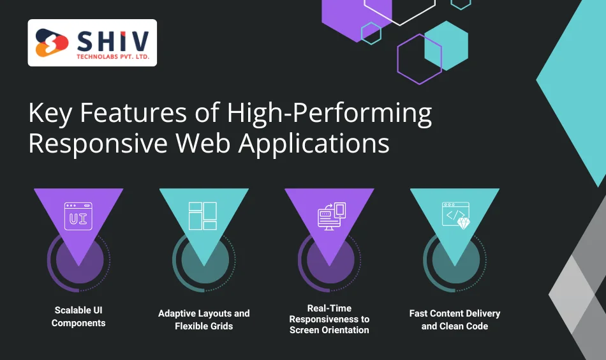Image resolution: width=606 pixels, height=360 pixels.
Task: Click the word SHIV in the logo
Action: pyautogui.click(x=112, y=41)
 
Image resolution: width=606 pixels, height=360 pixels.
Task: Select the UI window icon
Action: pyautogui.click(x=78, y=216)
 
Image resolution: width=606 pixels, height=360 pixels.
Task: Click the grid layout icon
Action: pyautogui.click(x=203, y=216)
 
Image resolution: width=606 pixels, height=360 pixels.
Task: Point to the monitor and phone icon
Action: pyautogui.click(x=330, y=216)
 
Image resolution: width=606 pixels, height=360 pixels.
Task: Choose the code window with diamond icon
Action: pyautogui.click(x=455, y=216)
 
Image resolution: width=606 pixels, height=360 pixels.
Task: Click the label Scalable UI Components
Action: pyautogui.click(x=78, y=317)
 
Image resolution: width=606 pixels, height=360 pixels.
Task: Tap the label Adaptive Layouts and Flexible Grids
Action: pyautogui.click(x=203, y=320)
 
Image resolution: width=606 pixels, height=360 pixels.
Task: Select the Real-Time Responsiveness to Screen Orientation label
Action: pyautogui.click(x=329, y=319)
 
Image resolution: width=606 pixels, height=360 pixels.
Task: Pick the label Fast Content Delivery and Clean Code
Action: pyautogui.click(x=455, y=320)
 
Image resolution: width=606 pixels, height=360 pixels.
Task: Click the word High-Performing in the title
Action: pyautogui.click(x=330, y=114)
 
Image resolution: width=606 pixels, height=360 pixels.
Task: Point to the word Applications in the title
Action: pyautogui.click(x=314, y=143)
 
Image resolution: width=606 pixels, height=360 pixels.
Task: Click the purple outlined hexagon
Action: pyautogui.click(x=419, y=59)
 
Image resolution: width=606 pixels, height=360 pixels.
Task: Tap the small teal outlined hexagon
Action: pyautogui.click(x=371, y=33)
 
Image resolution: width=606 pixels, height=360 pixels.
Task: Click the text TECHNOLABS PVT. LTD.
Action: pyautogui.click(x=112, y=57)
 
